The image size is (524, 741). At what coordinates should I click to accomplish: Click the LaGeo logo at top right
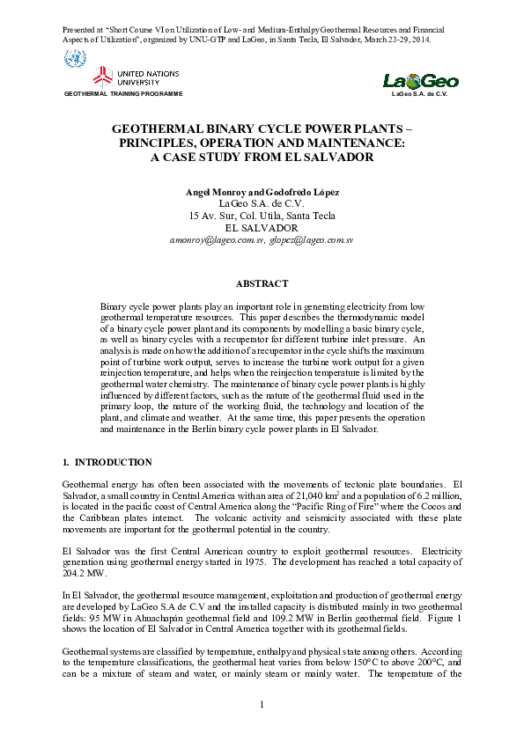(x=421, y=81)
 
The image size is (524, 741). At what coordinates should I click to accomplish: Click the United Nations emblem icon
(x=76, y=61)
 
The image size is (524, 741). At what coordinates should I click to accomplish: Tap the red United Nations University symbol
(x=104, y=76)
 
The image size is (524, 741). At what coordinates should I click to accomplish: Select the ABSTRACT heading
(x=262, y=283)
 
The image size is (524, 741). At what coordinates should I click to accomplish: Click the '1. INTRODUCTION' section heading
(x=107, y=462)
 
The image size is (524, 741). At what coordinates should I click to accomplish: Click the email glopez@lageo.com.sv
(x=311, y=239)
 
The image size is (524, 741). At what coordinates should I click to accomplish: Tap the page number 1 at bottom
(x=262, y=705)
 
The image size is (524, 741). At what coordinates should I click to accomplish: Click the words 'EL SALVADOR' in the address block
(x=262, y=227)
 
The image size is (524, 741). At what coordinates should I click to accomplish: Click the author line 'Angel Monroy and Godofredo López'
(x=262, y=192)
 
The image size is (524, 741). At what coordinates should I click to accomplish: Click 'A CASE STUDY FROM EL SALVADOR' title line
(x=262, y=158)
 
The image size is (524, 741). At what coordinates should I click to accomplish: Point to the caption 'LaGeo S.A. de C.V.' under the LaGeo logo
(x=421, y=92)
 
